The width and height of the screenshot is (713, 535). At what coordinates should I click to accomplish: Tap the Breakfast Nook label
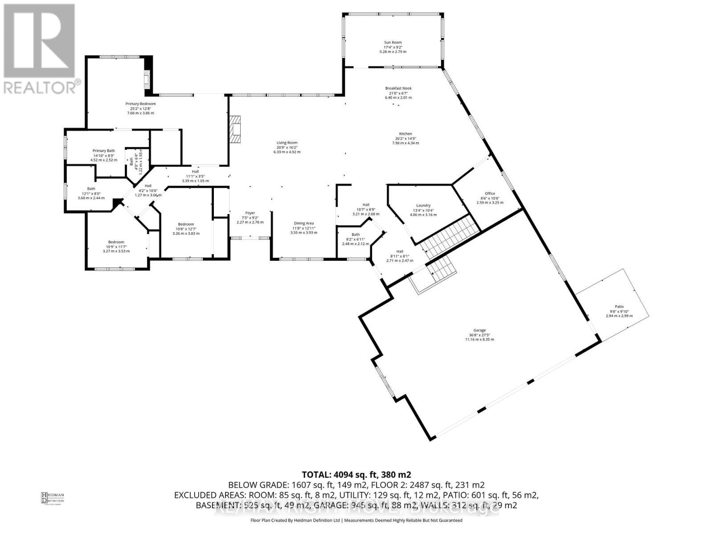click(398, 88)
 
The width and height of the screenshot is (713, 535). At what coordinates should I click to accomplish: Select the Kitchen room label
click(405, 134)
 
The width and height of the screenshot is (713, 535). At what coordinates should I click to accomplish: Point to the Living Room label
click(287, 143)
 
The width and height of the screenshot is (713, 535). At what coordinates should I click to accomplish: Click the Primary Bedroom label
click(140, 104)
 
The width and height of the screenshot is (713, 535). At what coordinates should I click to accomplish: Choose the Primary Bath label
click(103, 151)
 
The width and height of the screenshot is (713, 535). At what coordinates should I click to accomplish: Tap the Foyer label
click(250, 213)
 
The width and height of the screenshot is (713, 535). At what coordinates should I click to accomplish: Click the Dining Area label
click(303, 223)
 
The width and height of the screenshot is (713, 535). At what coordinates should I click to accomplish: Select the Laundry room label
click(423, 206)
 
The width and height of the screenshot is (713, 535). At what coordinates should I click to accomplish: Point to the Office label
click(490, 193)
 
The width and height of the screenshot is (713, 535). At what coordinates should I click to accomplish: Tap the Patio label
click(619, 307)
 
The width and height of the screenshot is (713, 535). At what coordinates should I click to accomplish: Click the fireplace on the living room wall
click(235, 129)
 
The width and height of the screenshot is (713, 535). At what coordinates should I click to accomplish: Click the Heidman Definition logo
click(53, 498)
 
